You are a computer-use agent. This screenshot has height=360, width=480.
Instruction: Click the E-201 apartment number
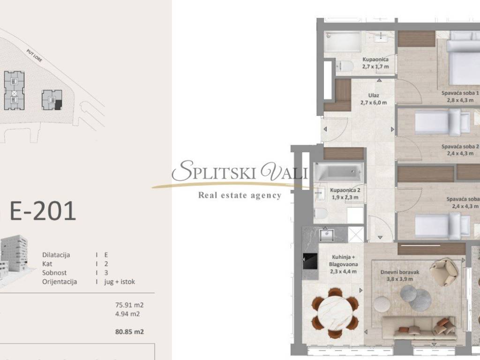click(43, 211)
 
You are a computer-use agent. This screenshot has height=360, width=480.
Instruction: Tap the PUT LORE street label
click(34, 56)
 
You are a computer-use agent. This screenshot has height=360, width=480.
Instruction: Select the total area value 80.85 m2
click(129, 331)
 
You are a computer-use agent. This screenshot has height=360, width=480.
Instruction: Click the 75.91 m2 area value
click(129, 305)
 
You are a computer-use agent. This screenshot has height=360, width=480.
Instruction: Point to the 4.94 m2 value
click(127, 314)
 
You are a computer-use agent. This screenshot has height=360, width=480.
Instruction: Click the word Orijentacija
click(60, 282)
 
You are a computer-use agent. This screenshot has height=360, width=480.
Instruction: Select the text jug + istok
click(120, 282)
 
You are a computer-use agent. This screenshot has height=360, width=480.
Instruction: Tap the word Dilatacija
click(56, 255)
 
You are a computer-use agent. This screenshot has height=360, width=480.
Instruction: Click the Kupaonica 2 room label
click(345, 190)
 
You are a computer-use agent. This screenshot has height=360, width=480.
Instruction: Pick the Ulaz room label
click(374, 96)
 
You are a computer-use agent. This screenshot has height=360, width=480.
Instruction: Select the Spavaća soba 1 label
click(460, 93)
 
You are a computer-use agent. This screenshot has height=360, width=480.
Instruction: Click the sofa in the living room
click(419, 328)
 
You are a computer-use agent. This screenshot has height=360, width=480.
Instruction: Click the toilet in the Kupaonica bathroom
click(345, 66)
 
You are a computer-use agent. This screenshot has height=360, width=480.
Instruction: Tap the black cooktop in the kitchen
click(310, 261)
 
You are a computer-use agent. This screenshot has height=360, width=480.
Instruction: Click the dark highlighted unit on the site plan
click(58, 105)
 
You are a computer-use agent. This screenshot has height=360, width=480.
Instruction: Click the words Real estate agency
click(240, 195)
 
